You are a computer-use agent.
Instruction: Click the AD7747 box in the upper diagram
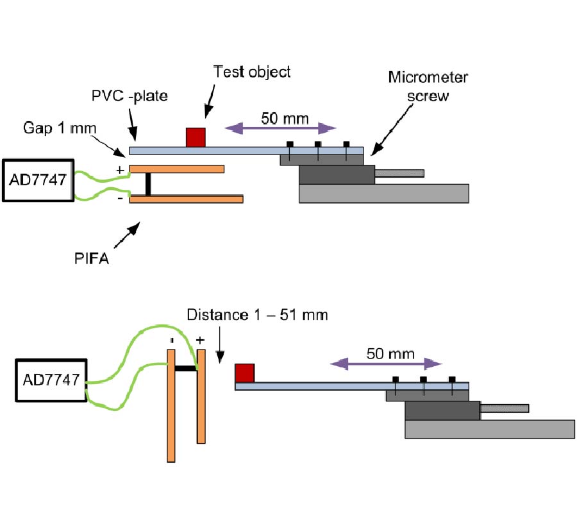(38, 180)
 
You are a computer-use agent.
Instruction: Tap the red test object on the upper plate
(196, 137)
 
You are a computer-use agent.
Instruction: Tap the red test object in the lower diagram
(245, 373)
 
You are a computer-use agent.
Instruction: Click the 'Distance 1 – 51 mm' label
(257, 315)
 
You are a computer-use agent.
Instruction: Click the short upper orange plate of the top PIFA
(176, 169)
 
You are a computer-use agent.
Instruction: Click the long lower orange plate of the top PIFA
(186, 199)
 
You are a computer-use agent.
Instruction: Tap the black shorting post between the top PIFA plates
(147, 184)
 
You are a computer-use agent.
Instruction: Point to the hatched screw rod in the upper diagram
(399, 172)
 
